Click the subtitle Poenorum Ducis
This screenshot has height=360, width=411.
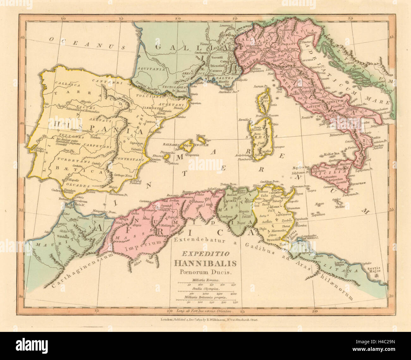205,271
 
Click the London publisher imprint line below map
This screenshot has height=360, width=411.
205,320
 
